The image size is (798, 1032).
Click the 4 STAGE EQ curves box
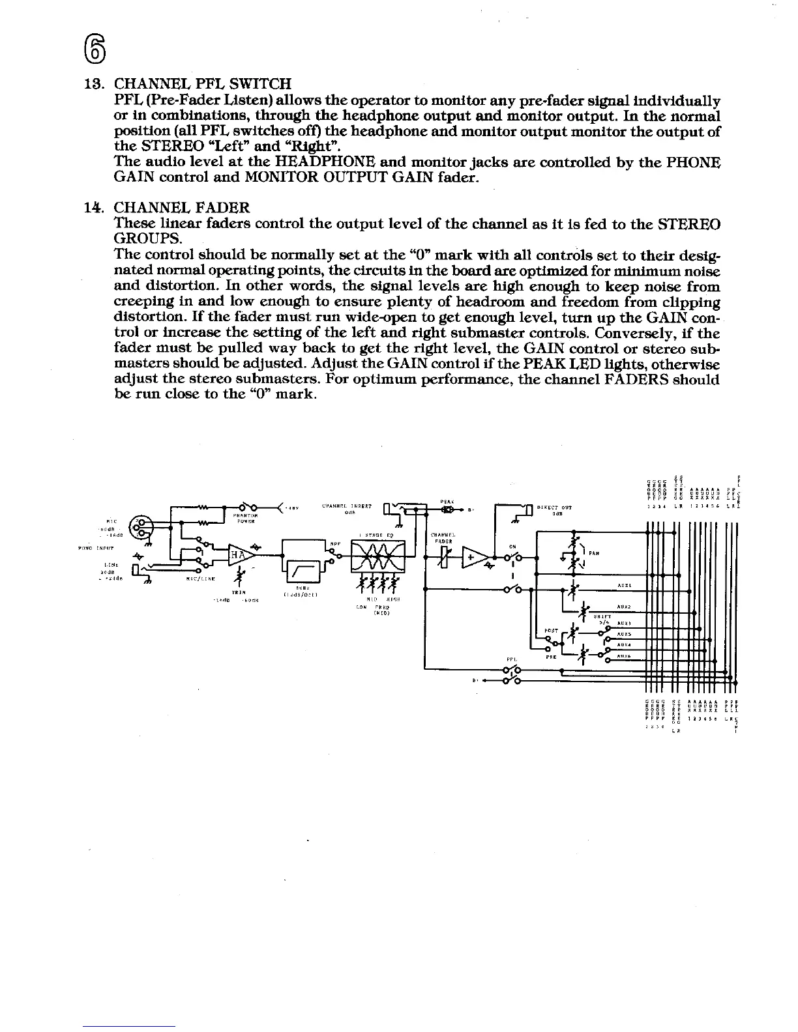pos(378,556)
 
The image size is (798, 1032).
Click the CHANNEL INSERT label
pos(347,506)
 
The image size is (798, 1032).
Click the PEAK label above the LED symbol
pos(447,500)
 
